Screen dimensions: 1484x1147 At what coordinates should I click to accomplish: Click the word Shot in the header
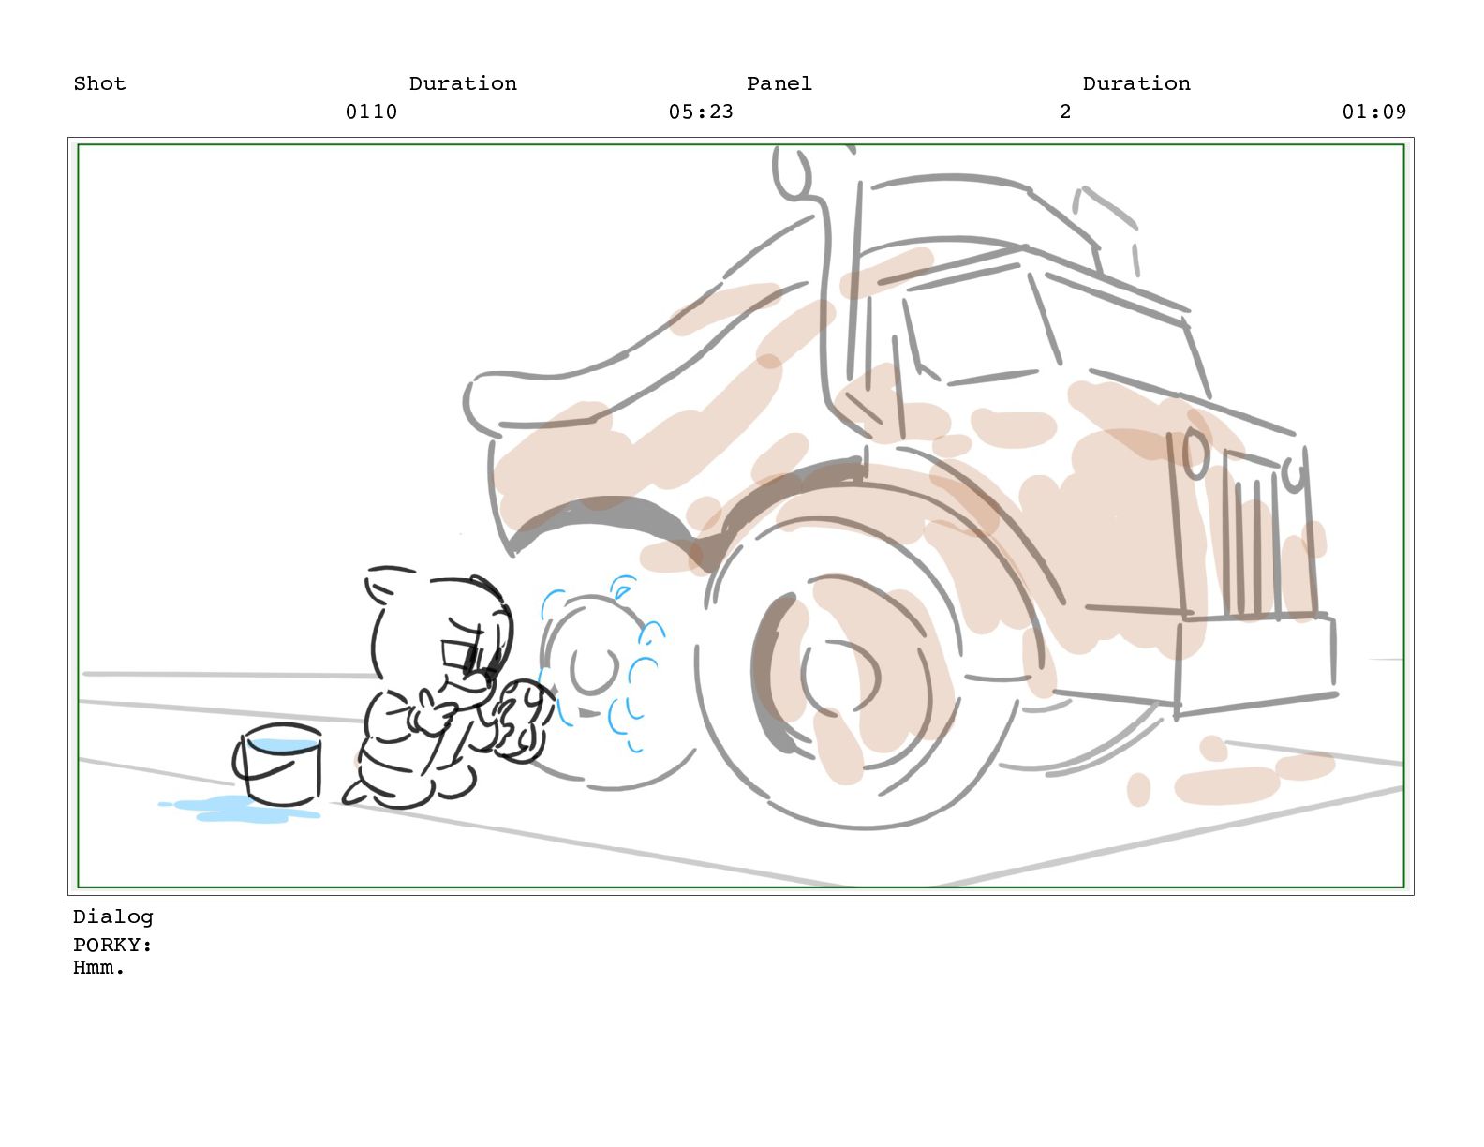click(x=99, y=83)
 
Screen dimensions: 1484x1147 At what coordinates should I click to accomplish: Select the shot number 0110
click(x=371, y=112)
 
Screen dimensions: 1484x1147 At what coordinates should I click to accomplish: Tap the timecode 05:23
click(x=701, y=112)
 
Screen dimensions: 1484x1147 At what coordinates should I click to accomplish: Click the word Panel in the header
click(x=779, y=83)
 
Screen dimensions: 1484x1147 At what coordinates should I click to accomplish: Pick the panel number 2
click(x=1064, y=112)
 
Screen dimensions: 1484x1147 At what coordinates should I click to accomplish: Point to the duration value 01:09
click(x=1374, y=112)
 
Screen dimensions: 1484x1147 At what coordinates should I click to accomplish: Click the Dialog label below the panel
click(x=112, y=917)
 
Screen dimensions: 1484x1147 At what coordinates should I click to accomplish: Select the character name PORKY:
click(x=112, y=945)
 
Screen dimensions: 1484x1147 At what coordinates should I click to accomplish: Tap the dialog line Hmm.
click(x=98, y=967)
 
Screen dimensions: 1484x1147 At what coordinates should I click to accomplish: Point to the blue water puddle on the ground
click(x=239, y=810)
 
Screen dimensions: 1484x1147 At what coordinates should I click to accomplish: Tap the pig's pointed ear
click(x=382, y=586)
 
